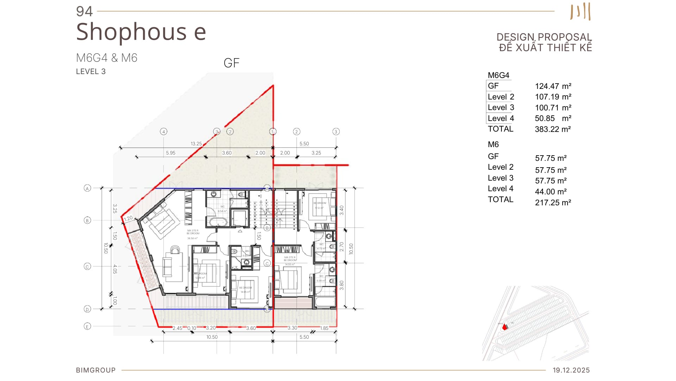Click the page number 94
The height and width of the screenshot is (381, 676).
point(84,11)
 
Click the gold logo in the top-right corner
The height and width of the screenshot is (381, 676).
point(580,12)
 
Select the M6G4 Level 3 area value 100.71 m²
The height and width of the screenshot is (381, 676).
point(553,108)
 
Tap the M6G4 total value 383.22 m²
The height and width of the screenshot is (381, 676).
point(552,129)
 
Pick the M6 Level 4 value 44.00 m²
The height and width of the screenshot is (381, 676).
point(551,192)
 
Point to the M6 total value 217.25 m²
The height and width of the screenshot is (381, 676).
point(553,202)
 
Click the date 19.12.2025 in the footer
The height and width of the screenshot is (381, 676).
point(571,370)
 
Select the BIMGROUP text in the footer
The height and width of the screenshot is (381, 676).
point(96,370)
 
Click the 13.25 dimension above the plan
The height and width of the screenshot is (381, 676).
point(196,144)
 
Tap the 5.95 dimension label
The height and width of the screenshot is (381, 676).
point(171,153)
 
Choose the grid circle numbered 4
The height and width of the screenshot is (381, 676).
point(163,132)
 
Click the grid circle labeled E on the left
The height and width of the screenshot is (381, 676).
point(87,326)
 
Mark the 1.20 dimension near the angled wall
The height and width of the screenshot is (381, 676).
point(129,218)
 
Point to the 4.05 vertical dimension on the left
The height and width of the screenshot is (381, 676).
point(115,269)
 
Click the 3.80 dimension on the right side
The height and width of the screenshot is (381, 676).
point(342,285)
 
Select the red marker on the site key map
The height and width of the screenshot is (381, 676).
point(505,327)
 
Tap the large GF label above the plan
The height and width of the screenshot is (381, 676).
point(231,63)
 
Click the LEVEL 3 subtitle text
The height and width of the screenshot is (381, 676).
point(91,71)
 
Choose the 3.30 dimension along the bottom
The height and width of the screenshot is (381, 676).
point(292,328)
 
